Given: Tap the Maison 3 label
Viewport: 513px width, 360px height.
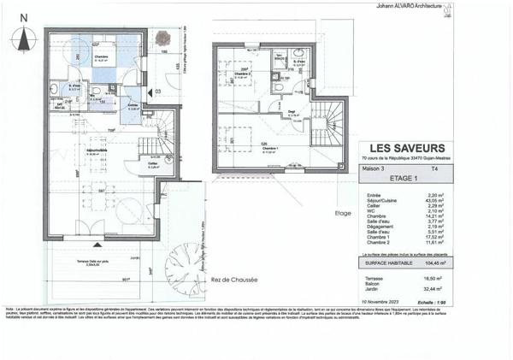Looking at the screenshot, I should pyautogui.click(x=370, y=170).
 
